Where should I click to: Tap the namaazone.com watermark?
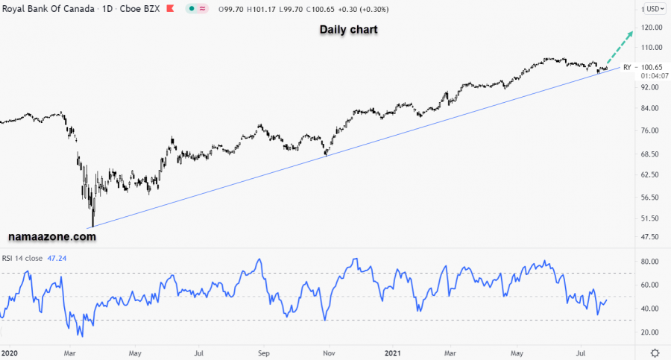point(52,236)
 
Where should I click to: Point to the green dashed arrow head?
point(631,33)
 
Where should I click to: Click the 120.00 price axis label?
point(652,28)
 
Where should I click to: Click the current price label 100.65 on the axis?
point(652,67)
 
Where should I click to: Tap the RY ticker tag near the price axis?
point(627,67)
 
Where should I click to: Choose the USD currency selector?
point(653,8)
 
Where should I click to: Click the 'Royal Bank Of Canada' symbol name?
point(48,8)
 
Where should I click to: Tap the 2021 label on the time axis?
point(392,352)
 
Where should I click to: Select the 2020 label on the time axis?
point(10,352)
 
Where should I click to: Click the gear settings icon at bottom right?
point(654,352)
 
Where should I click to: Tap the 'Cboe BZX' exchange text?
point(142,8)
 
